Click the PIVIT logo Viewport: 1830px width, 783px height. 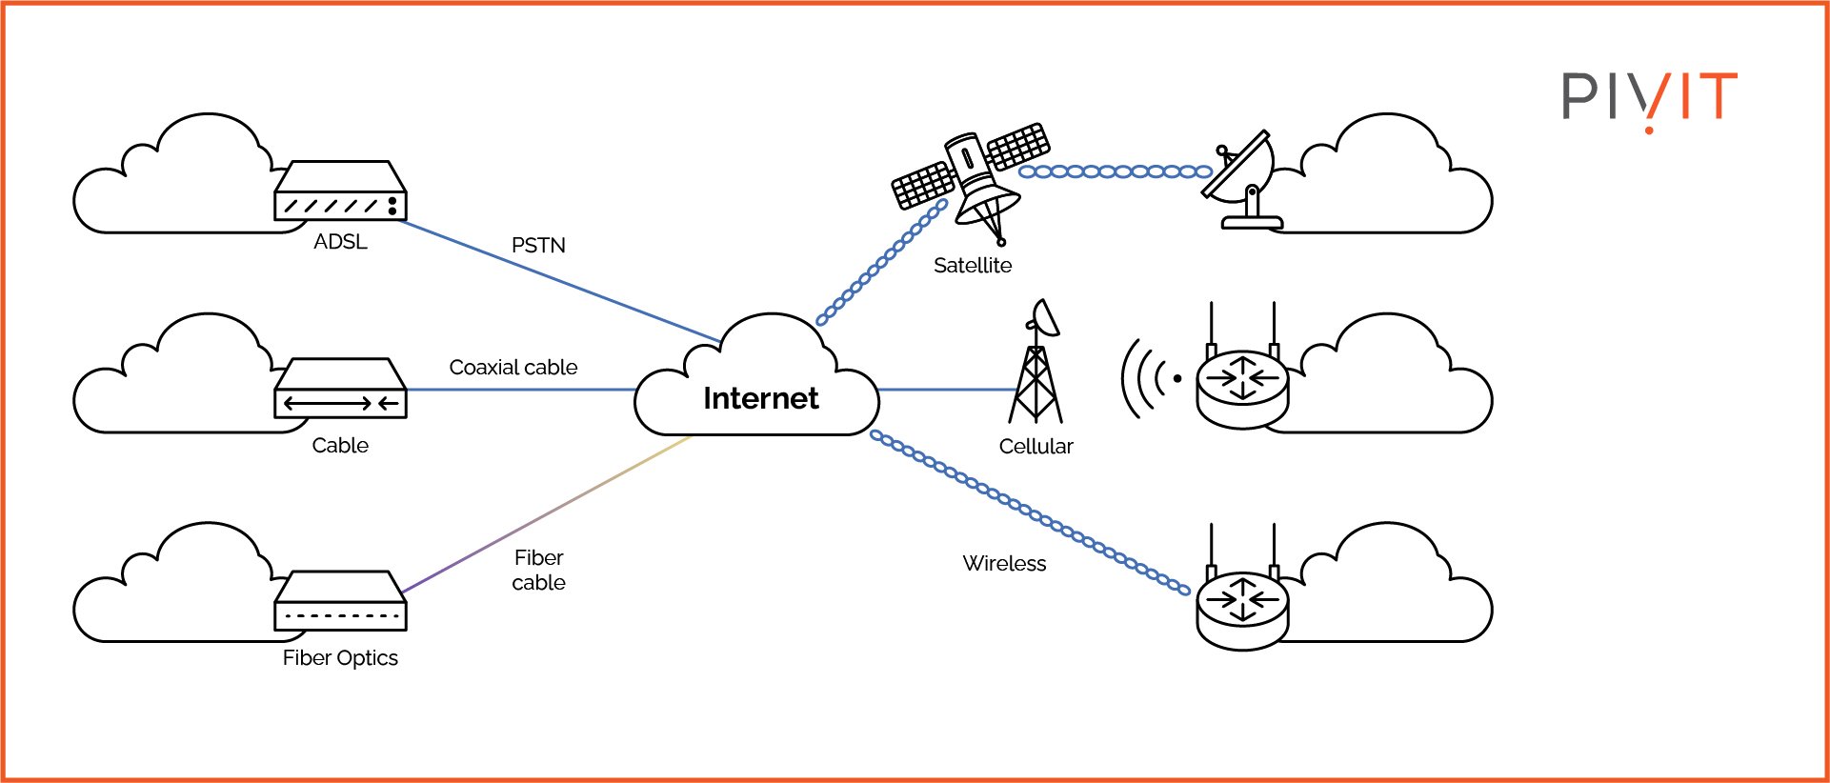point(1649,98)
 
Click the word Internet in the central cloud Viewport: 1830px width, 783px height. point(760,398)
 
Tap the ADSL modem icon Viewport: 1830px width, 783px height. point(340,191)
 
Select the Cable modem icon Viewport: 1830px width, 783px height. point(340,389)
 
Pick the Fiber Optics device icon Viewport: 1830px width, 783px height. point(340,601)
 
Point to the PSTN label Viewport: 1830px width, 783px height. point(538,246)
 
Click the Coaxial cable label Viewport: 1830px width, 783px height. point(513,368)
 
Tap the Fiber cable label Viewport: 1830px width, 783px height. point(538,570)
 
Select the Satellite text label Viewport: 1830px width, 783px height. point(972,266)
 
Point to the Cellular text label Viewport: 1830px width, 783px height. point(1036,447)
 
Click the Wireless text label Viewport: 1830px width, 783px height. point(1004,564)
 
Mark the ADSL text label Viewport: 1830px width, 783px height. point(340,242)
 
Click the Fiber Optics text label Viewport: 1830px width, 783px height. point(340,658)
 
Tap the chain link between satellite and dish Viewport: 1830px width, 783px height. point(1115,172)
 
